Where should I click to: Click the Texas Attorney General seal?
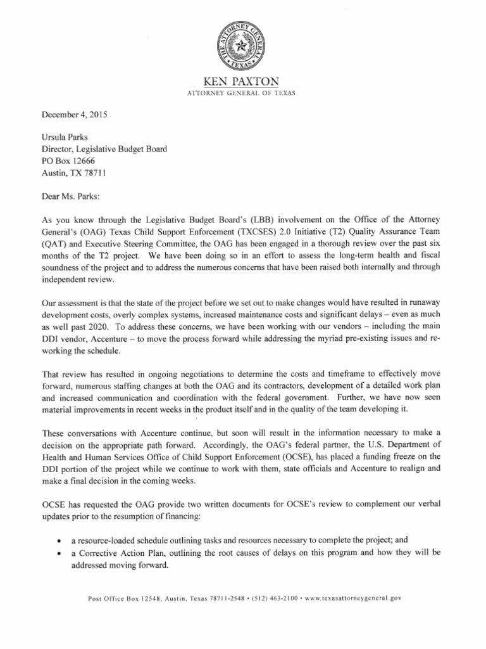(x=243, y=46)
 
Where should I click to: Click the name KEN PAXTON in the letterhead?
(x=243, y=82)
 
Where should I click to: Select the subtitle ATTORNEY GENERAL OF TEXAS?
(x=243, y=93)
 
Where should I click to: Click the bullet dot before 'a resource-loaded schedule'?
(x=59, y=541)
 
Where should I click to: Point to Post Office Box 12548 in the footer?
(x=121, y=597)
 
